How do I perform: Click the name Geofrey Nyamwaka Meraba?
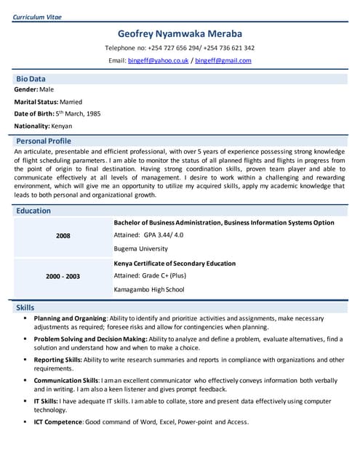(x=180, y=33)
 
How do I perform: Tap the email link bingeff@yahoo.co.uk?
(x=158, y=60)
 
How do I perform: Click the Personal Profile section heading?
(x=44, y=140)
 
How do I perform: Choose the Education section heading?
(x=33, y=211)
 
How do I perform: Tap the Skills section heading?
(x=25, y=308)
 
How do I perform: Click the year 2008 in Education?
(x=63, y=236)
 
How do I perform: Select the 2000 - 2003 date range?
(x=63, y=276)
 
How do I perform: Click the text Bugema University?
(x=141, y=248)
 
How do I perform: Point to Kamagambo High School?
(x=149, y=289)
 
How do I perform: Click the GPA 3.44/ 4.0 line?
(x=149, y=235)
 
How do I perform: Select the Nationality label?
(x=31, y=126)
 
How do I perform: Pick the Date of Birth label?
(x=34, y=114)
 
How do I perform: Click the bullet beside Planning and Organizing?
(x=25, y=318)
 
